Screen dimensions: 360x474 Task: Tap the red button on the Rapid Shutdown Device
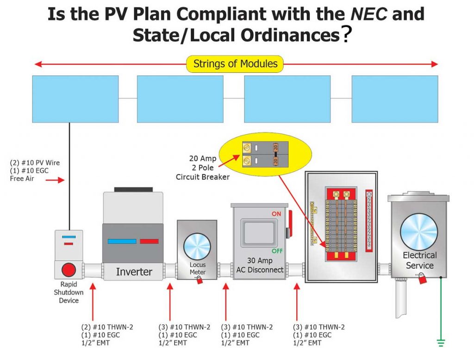tap(69, 269)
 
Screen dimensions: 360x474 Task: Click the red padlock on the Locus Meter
tap(200, 280)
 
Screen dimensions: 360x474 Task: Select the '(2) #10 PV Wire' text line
tap(35, 163)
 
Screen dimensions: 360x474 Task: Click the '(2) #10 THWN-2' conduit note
tap(106, 327)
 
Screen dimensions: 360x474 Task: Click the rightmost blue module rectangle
tap(394, 99)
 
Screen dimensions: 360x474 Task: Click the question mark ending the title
tap(344, 36)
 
